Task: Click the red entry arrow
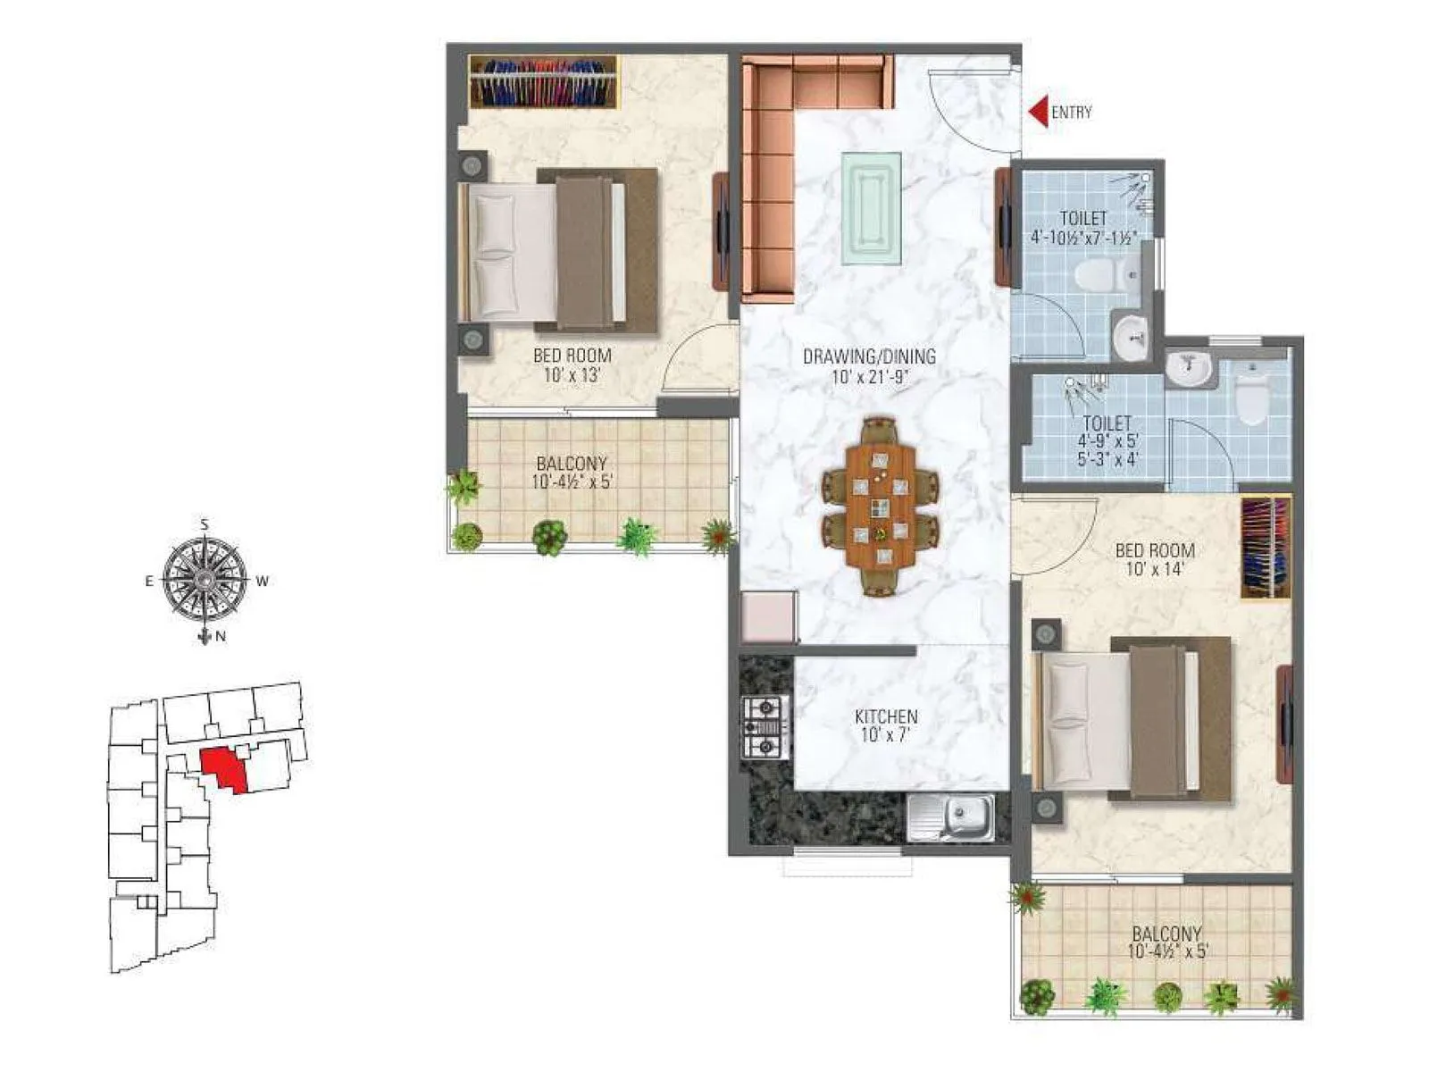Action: pyautogui.click(x=1037, y=112)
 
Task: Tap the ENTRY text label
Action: pyautogui.click(x=1071, y=113)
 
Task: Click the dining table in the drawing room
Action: pyautogui.click(x=881, y=507)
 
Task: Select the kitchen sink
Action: pyautogui.click(x=950, y=817)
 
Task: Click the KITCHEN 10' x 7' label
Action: pyautogui.click(x=886, y=725)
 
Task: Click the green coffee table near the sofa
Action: pyautogui.click(x=871, y=208)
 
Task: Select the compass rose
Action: pyautogui.click(x=205, y=581)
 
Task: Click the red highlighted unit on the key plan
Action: pyautogui.click(x=223, y=769)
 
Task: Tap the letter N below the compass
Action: pyautogui.click(x=221, y=637)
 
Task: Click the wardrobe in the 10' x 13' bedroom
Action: pyautogui.click(x=543, y=81)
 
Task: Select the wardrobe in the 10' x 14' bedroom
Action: pyautogui.click(x=1266, y=547)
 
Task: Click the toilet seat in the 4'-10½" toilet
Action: pyautogui.click(x=1099, y=276)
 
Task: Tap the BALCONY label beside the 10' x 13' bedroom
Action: pyautogui.click(x=572, y=473)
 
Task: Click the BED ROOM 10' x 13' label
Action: pyautogui.click(x=572, y=364)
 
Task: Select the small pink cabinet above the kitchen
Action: pyautogui.click(x=768, y=616)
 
